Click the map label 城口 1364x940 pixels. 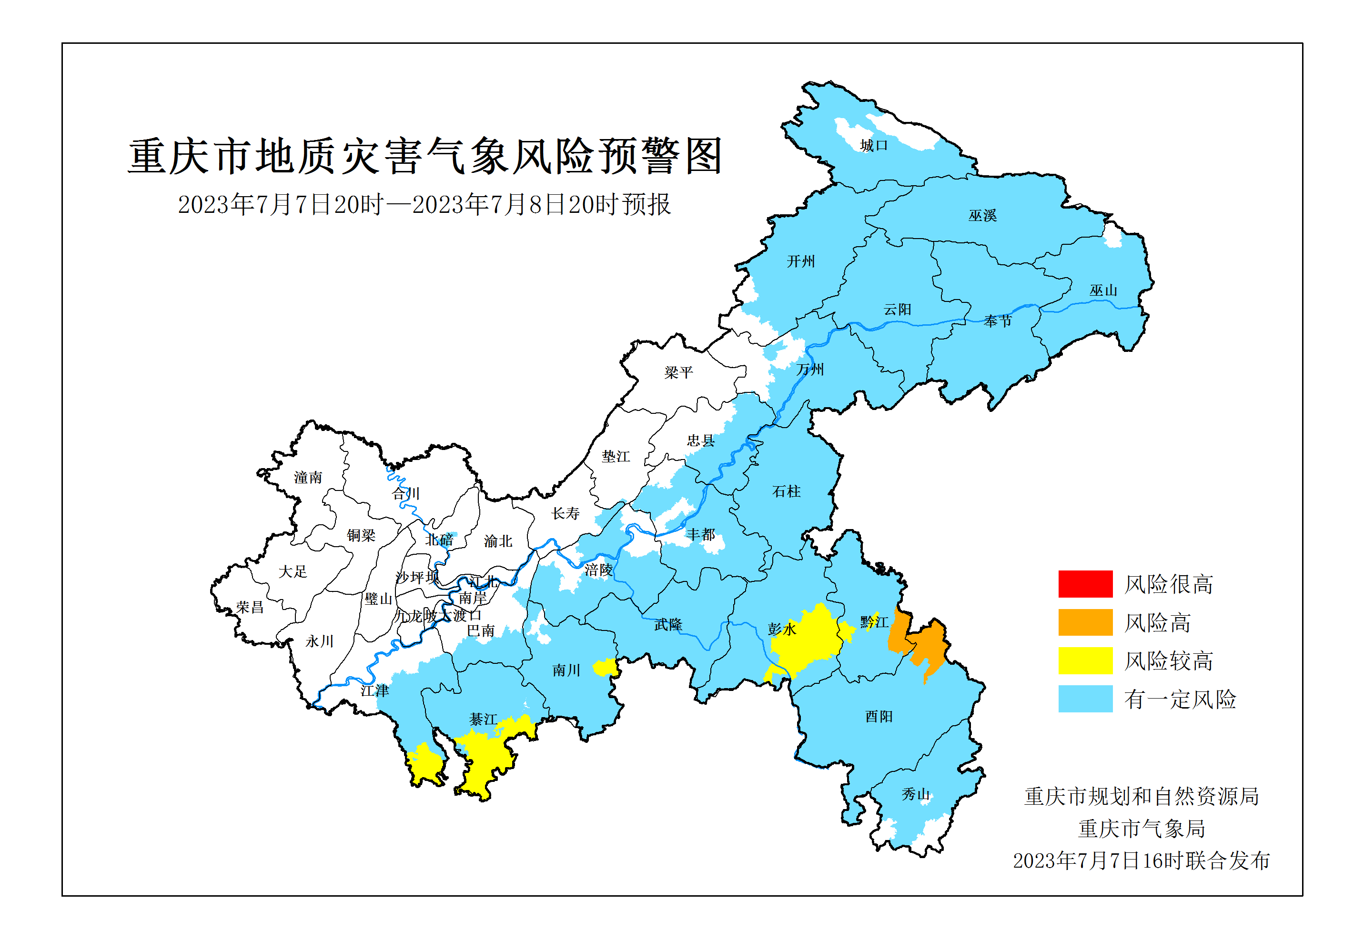[x=873, y=146]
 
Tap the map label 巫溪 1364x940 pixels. [x=982, y=216]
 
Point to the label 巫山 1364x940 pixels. [x=1103, y=290]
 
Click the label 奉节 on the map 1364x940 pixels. [x=997, y=321]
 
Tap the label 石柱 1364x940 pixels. [x=786, y=491]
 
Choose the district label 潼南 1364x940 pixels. [x=308, y=478]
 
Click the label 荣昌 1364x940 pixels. [x=249, y=607]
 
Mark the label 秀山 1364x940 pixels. [x=915, y=794]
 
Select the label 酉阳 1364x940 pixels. [x=879, y=717]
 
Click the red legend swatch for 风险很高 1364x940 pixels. [x=1085, y=584]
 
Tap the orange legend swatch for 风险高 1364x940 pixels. [x=1085, y=622]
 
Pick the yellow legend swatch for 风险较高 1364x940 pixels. [x=1085, y=660]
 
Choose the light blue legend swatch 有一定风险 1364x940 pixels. [x=1085, y=699]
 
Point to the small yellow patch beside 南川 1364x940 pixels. [x=605, y=667]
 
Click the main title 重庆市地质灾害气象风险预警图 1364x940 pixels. [x=425, y=157]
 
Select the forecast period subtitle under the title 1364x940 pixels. [x=424, y=205]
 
